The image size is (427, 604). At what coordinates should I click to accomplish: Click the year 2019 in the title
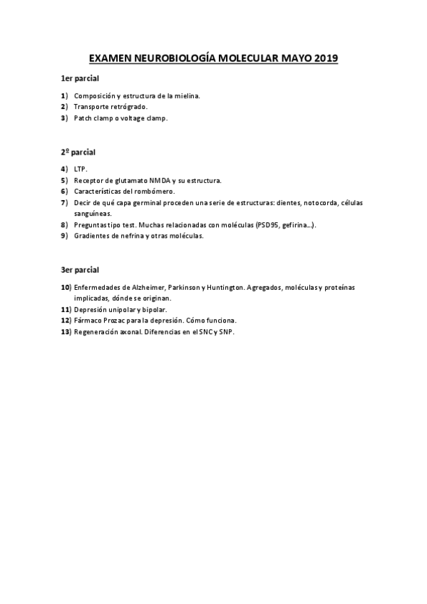pyautogui.click(x=325, y=58)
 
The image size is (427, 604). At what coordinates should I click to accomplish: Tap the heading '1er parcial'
pyautogui.click(x=79, y=78)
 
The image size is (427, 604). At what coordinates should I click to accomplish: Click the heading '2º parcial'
pyautogui.click(x=78, y=152)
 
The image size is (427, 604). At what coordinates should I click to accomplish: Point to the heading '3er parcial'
pyautogui.click(x=79, y=270)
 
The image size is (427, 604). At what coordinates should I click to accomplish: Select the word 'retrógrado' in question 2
pyautogui.click(x=128, y=107)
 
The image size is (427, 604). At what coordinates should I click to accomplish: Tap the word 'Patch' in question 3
pyautogui.click(x=84, y=118)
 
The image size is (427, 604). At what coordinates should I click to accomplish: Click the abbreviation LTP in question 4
pyautogui.click(x=79, y=170)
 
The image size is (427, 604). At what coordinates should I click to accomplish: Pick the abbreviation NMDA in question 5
pyautogui.click(x=160, y=181)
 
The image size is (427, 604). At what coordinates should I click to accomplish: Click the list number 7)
pyautogui.click(x=64, y=203)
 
